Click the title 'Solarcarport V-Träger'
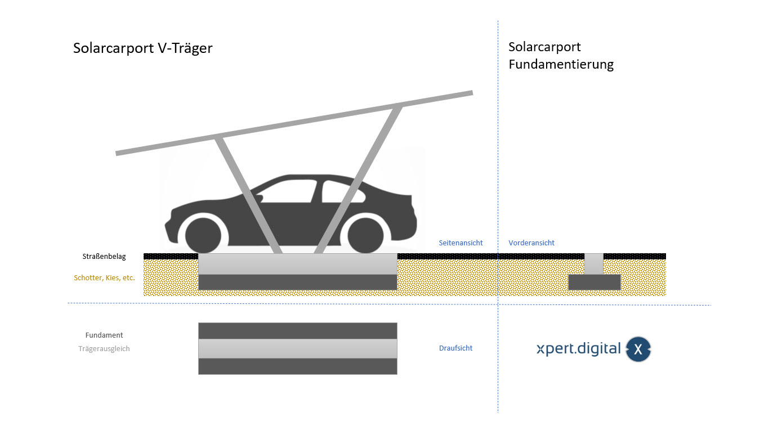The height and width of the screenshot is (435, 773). [142, 48]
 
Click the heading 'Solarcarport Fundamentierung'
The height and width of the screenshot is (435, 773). [561, 55]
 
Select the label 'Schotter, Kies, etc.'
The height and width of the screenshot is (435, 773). [104, 277]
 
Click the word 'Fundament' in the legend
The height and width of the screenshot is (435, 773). [104, 335]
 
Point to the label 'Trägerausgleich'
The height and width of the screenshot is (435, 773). [104, 348]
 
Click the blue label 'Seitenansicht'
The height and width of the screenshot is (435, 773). [461, 243]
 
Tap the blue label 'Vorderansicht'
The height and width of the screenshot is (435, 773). [531, 243]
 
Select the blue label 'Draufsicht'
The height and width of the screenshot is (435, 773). [455, 348]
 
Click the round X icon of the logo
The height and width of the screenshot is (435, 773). [638, 349]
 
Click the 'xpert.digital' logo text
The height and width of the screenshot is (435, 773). [578, 349]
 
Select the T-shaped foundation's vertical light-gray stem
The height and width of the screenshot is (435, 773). [594, 264]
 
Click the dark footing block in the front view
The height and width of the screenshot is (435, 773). [594, 282]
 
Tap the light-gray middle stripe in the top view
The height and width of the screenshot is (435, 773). [297, 348]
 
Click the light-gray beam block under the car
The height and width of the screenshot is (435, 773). [297, 264]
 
